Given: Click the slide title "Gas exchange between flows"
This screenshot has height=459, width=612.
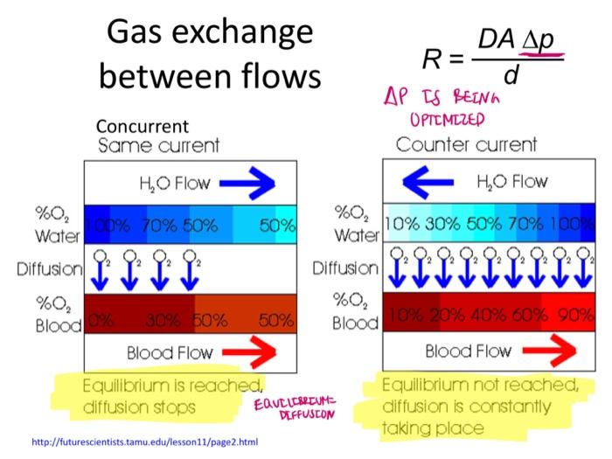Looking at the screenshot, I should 209,55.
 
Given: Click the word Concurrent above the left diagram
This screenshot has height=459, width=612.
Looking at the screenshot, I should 143,126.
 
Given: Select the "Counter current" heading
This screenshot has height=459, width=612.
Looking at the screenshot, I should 467,144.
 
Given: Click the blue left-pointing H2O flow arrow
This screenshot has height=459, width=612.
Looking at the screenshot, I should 417,183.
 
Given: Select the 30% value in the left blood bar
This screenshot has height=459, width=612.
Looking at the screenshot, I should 163,319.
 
